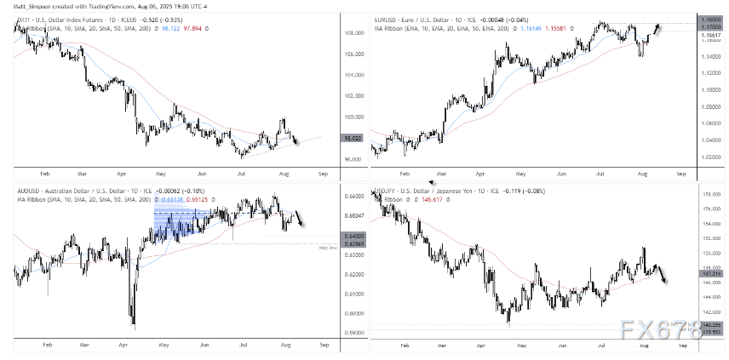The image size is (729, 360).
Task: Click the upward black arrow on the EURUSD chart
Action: [x=658, y=29]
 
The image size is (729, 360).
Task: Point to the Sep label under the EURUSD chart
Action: [x=680, y=172]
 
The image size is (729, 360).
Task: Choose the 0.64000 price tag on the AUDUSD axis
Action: [x=331, y=236]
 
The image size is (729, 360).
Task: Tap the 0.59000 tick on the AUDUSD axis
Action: [x=331, y=333]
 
